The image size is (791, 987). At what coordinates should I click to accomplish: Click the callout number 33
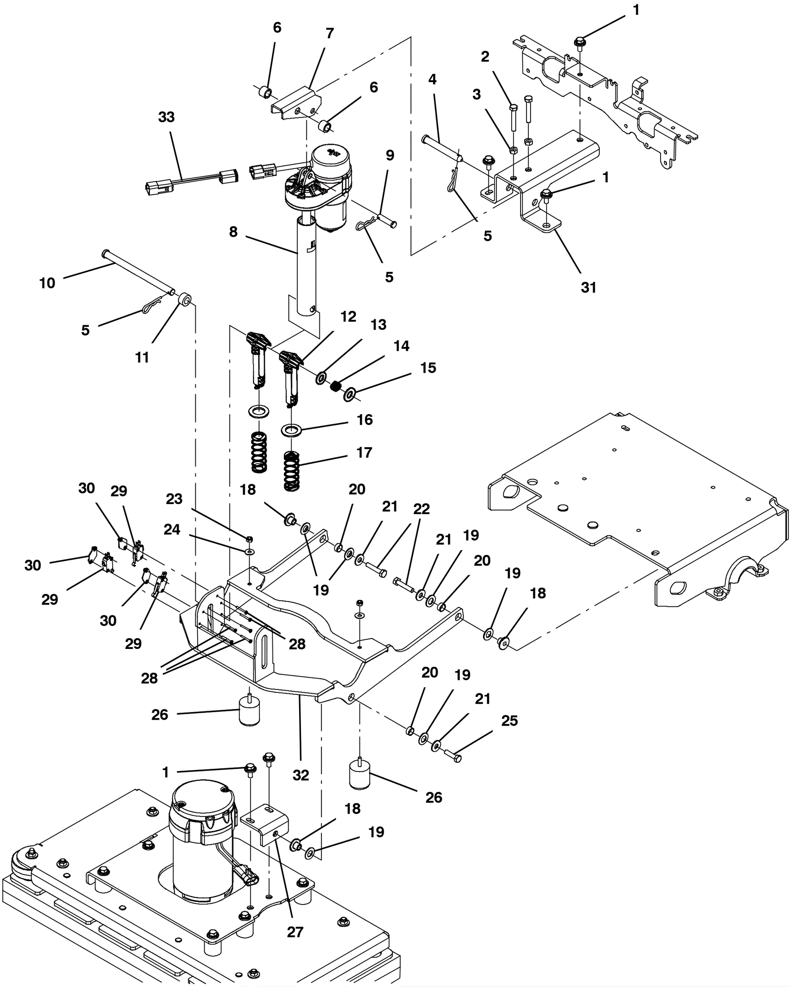(x=166, y=117)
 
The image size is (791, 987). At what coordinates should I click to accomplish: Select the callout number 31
(x=588, y=287)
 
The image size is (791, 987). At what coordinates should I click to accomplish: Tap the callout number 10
(x=47, y=283)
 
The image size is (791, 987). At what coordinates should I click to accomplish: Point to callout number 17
(x=364, y=452)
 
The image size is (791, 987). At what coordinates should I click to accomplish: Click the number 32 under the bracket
(x=301, y=775)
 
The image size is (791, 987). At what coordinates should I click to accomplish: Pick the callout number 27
(x=295, y=932)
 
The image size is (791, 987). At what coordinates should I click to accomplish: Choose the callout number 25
(x=509, y=721)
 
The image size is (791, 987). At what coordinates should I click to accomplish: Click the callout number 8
(x=233, y=231)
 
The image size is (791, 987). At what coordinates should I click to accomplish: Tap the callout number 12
(x=348, y=317)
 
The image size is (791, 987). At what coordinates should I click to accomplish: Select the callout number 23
(x=174, y=499)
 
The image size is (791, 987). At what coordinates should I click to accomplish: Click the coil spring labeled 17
(x=292, y=471)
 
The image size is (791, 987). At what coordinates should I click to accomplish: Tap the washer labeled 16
(x=291, y=429)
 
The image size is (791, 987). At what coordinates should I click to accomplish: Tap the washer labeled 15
(x=350, y=395)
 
